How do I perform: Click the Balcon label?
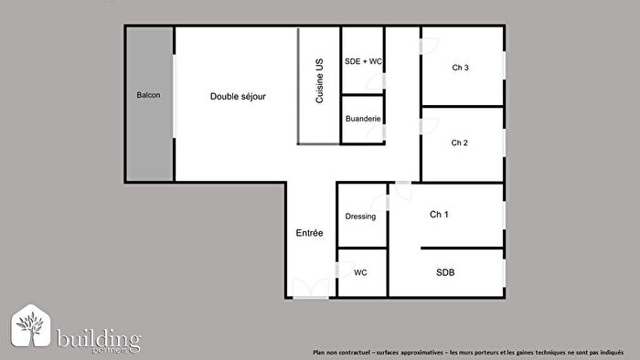pos(149,95)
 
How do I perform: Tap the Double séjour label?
pos(238,96)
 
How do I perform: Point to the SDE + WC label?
pos(363,62)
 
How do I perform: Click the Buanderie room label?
pos(363,120)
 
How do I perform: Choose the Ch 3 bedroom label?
pos(460,68)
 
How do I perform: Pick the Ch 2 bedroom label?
pos(460,143)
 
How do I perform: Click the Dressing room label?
pos(361,217)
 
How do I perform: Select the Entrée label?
pos(309,233)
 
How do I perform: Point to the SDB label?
pos(445,272)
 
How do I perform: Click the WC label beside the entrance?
pos(360,272)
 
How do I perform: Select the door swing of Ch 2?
pos(428,126)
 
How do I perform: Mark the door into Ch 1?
pos(400,191)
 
